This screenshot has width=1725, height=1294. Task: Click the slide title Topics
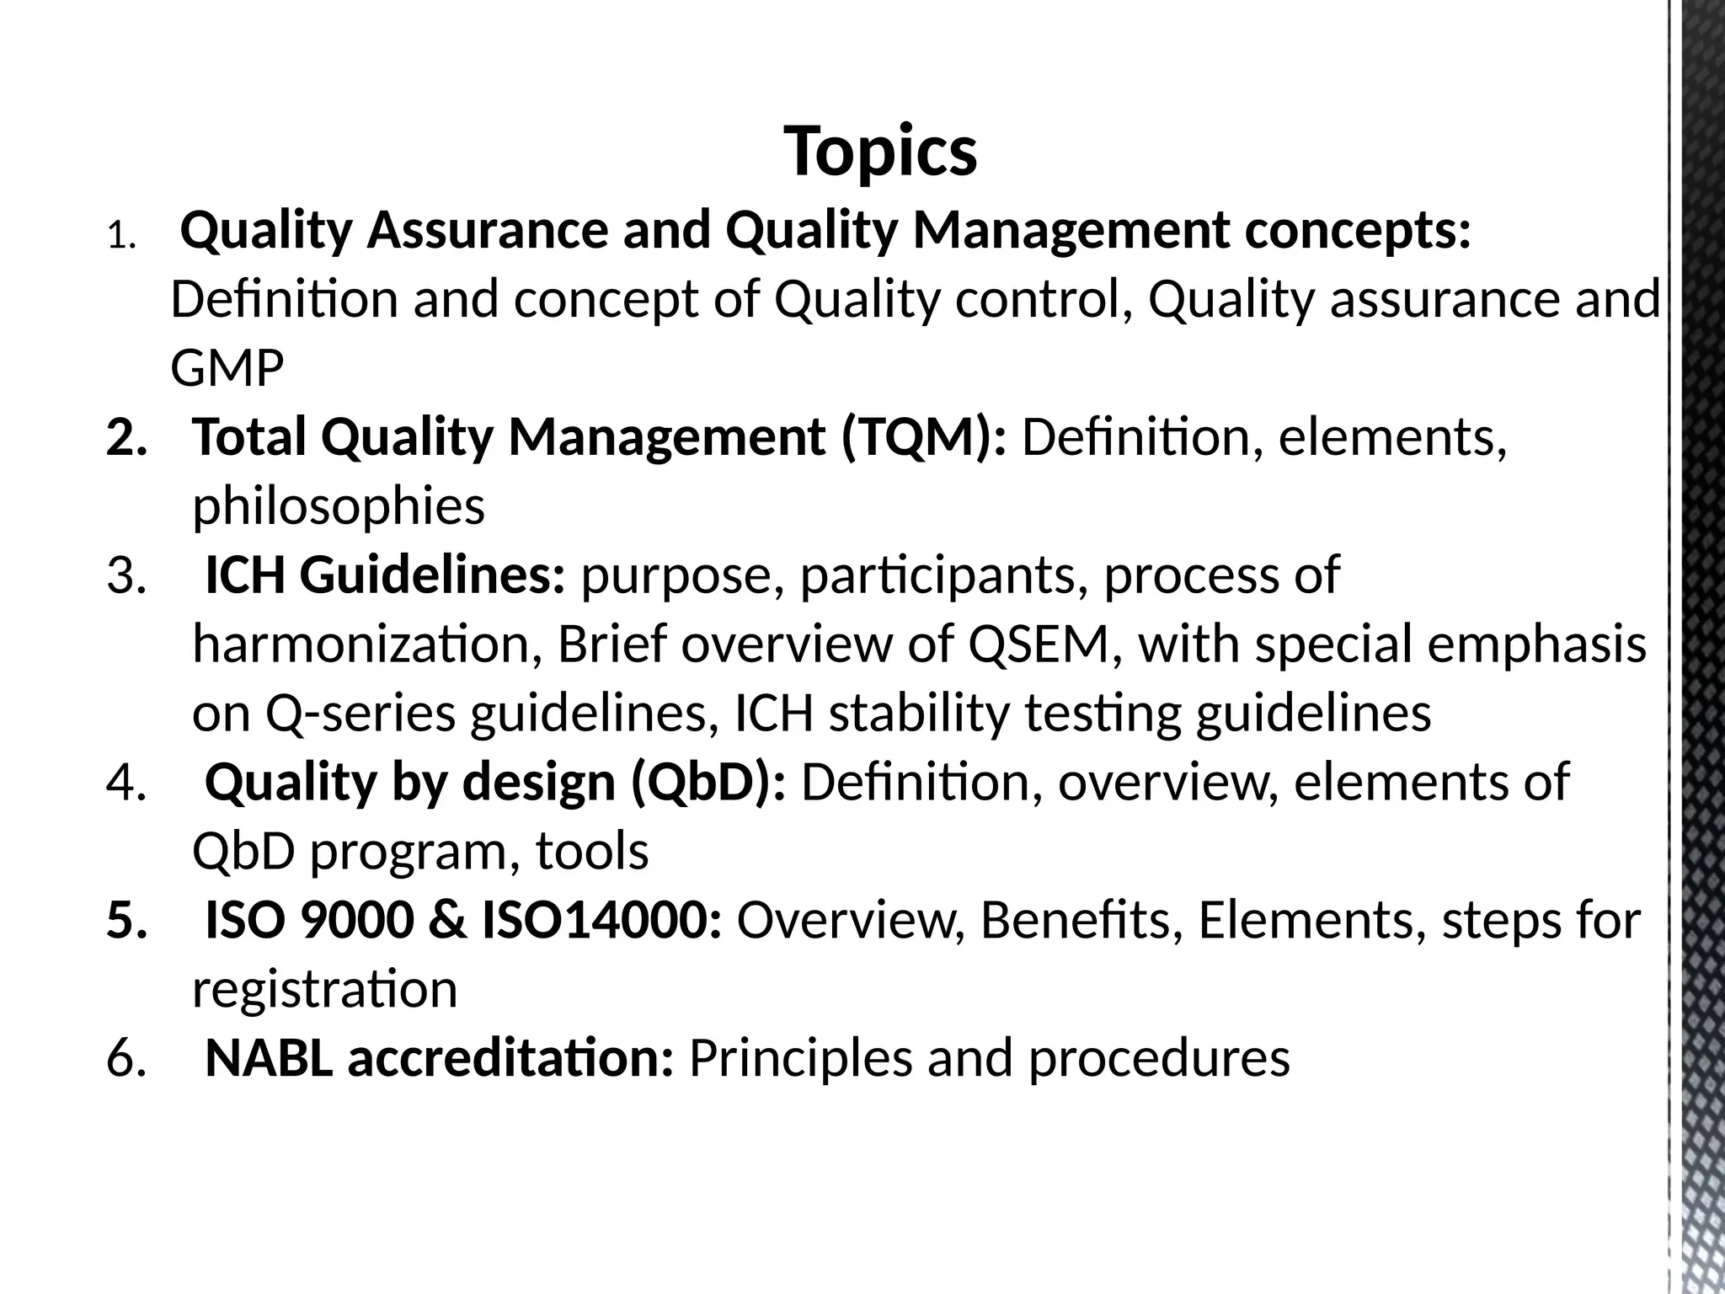click(x=880, y=152)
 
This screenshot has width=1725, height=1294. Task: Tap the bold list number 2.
click(x=126, y=437)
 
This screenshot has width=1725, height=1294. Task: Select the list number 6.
click(x=126, y=1059)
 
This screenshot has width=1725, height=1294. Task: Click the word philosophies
click(x=339, y=506)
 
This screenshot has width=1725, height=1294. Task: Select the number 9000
click(x=357, y=921)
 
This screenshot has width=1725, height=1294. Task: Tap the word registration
click(x=325, y=990)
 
